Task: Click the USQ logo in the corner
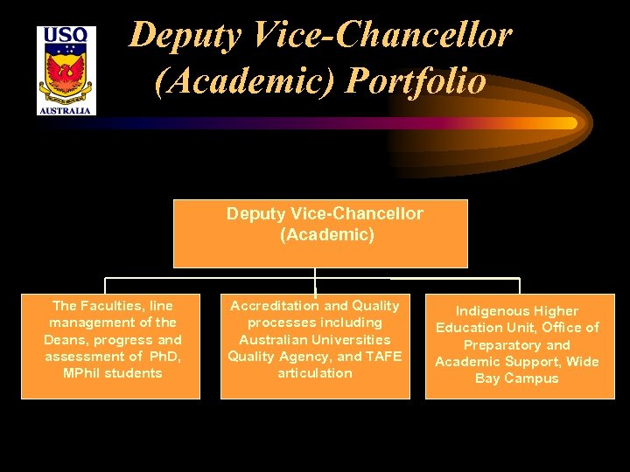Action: point(66,70)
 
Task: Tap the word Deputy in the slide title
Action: point(178,35)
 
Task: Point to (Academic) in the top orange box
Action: point(326,234)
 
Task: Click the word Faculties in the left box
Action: point(115,306)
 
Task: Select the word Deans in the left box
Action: point(68,339)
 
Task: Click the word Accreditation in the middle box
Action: point(274,306)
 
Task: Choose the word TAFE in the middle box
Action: point(382,356)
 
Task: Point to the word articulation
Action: point(315,373)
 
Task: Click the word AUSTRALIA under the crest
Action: point(66,110)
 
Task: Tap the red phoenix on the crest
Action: point(66,77)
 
